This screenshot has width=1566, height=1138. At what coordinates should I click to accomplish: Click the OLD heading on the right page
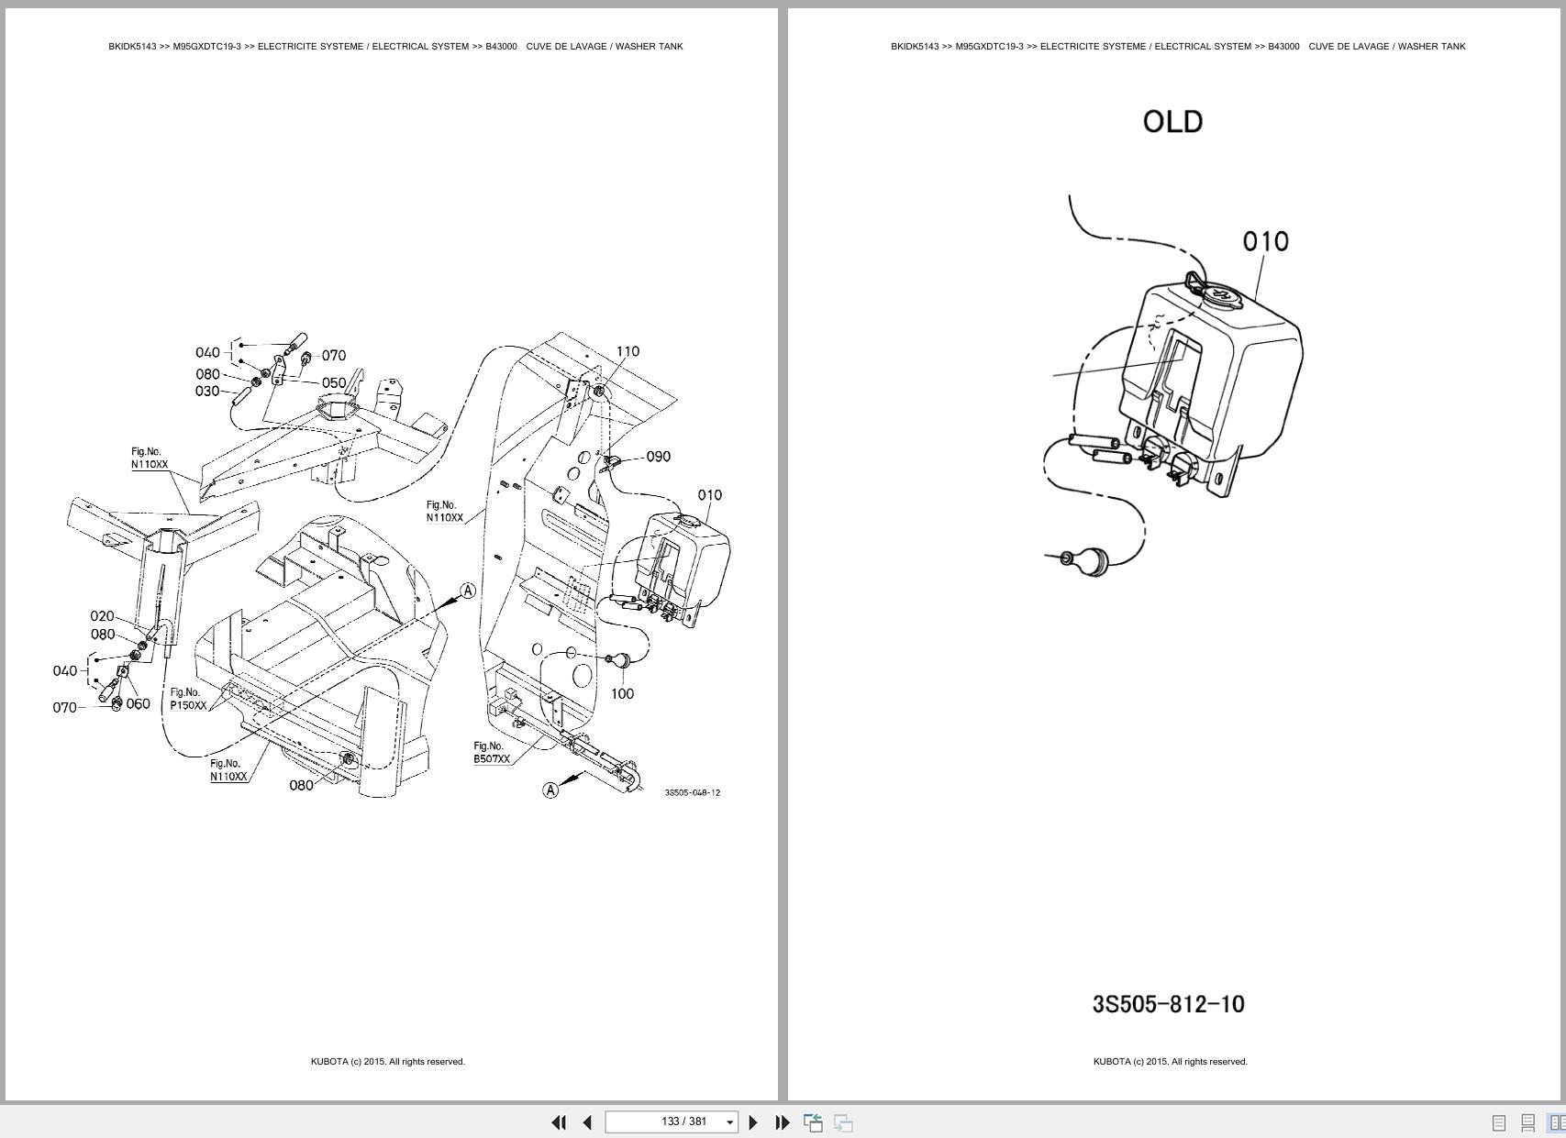click(1172, 122)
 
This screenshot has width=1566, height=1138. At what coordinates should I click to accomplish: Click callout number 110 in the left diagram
click(628, 351)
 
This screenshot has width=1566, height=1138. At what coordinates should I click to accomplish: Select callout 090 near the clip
click(658, 457)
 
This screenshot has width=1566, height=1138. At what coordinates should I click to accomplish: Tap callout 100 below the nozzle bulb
click(622, 693)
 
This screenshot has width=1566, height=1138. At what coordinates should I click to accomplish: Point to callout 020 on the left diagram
click(102, 616)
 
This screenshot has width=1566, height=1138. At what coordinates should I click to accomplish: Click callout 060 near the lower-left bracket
click(138, 703)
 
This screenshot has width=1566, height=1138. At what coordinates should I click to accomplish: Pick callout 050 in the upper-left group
click(333, 382)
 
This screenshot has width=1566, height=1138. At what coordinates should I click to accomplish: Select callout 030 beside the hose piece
click(206, 391)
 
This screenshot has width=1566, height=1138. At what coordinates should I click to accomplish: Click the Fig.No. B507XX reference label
click(491, 753)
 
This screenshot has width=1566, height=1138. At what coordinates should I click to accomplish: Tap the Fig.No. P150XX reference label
click(187, 699)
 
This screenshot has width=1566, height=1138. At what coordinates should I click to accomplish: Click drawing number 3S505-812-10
click(1168, 1004)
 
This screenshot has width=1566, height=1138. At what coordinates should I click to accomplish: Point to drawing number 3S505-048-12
click(692, 792)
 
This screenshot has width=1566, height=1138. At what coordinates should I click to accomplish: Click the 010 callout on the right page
click(1265, 241)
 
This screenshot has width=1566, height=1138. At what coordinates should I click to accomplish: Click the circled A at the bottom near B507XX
click(550, 790)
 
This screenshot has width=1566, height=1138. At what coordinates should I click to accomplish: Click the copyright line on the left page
click(387, 1061)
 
